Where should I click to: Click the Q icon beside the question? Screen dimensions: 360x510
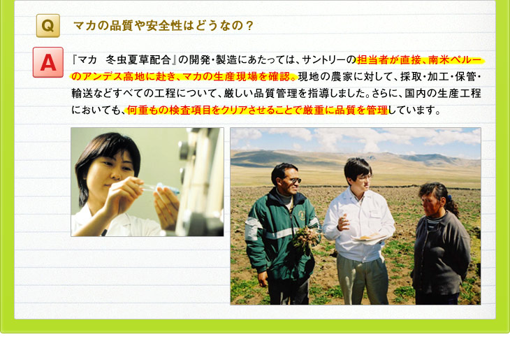pyautogui.click(x=48, y=26)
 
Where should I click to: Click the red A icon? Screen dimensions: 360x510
pyautogui.click(x=48, y=62)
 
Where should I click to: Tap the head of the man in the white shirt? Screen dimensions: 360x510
pyautogui.click(x=357, y=175)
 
